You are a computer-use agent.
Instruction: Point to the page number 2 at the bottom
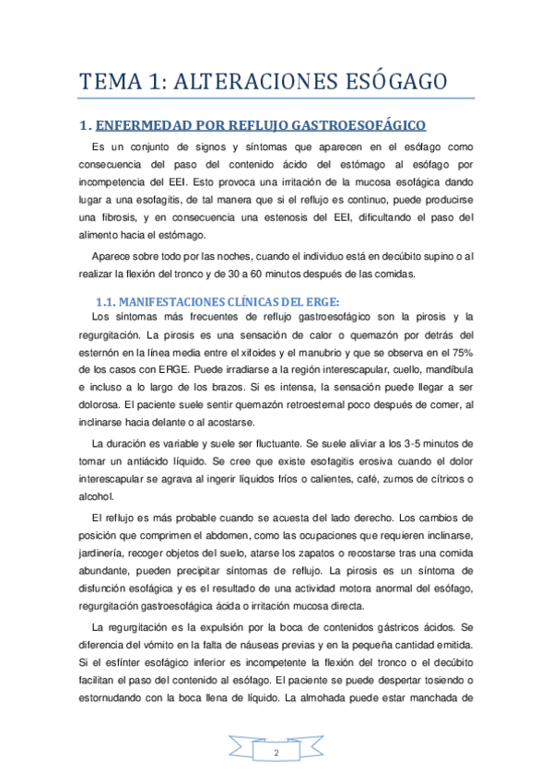point(276,754)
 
